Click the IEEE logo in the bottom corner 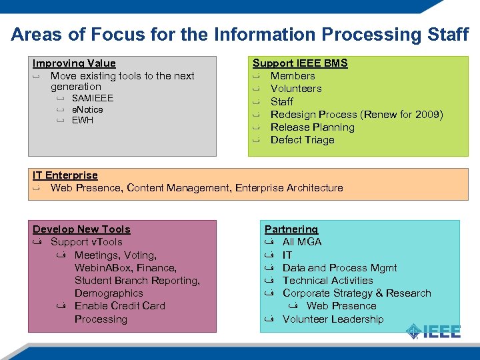point(434,331)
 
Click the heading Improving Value point(74,63)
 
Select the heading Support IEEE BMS point(300,63)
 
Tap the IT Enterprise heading point(65,175)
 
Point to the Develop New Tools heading point(81,229)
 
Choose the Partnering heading point(291,229)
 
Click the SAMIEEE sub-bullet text point(93,98)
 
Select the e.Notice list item point(87,109)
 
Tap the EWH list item point(83,120)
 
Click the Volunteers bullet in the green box point(296,89)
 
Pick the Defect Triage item point(302,140)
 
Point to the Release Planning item point(312,127)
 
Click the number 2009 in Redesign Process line point(427,115)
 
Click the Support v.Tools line point(87,242)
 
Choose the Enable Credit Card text point(120,306)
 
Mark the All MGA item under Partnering point(302,242)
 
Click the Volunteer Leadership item point(333,319)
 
